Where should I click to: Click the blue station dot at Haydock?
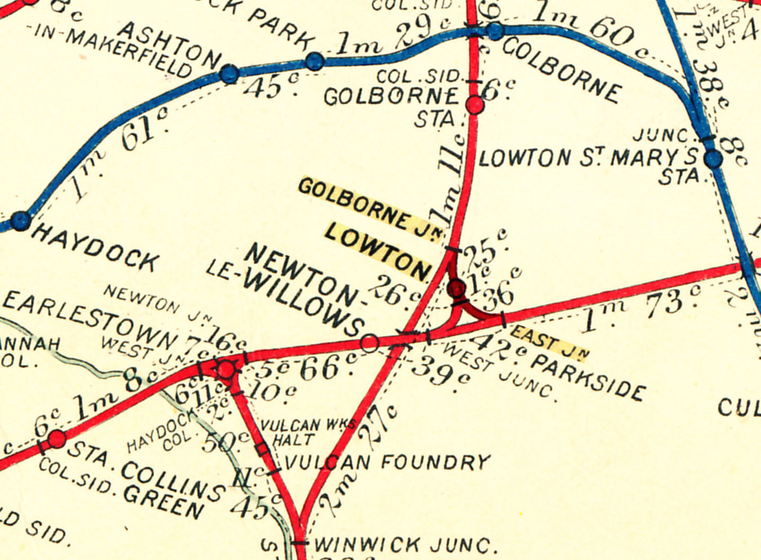pos(21,220)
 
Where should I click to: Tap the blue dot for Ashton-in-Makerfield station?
pos(229,74)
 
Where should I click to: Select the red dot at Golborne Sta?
pos(475,105)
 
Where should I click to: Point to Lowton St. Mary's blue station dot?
pos(713,159)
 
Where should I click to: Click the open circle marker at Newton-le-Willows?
pos(370,343)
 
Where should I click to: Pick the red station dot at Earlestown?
pos(226,369)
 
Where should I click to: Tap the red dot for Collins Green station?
pos(57,439)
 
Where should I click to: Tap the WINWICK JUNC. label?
pos(405,545)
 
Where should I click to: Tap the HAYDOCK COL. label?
pos(164,431)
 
